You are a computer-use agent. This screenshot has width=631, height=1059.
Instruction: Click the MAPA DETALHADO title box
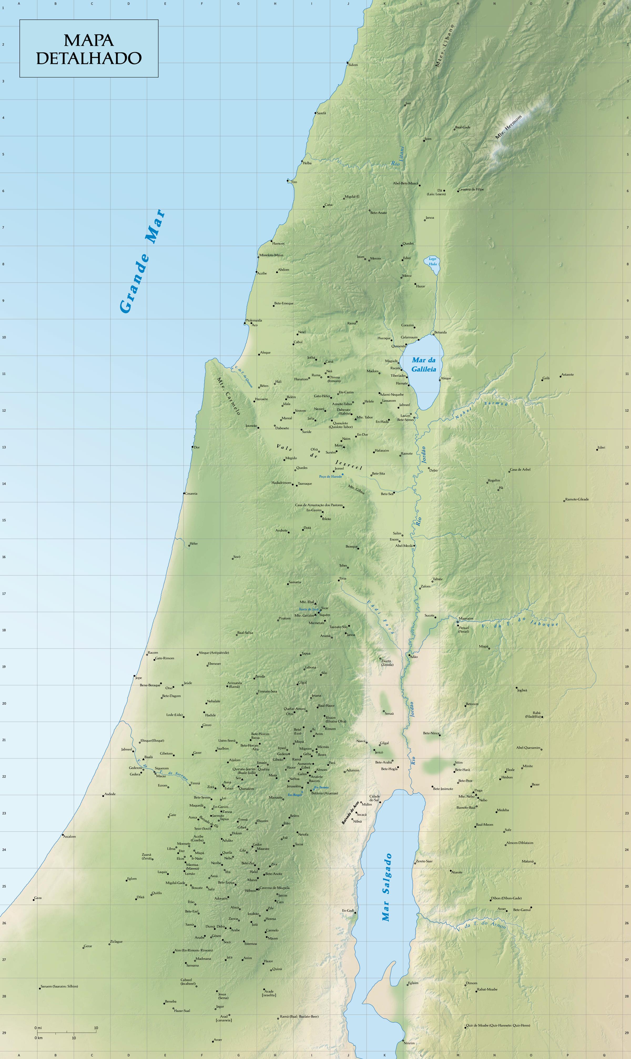(89, 48)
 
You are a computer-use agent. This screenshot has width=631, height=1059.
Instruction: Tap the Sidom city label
(353, 65)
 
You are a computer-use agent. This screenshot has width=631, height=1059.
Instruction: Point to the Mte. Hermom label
(508, 127)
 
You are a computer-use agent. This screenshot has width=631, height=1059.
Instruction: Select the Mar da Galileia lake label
(424, 365)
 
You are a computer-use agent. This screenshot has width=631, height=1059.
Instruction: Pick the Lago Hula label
(432, 261)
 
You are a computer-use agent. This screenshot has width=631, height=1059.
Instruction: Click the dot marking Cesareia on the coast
(184, 493)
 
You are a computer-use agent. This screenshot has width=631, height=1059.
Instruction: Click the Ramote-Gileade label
(577, 499)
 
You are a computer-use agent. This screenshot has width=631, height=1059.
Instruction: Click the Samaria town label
(295, 582)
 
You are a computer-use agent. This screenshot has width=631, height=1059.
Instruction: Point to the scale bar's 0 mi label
(38, 1028)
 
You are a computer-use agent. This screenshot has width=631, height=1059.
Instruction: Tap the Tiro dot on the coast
(288, 181)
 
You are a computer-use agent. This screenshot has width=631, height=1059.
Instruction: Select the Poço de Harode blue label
(330, 476)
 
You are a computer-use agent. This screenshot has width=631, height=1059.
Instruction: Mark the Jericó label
(379, 752)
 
